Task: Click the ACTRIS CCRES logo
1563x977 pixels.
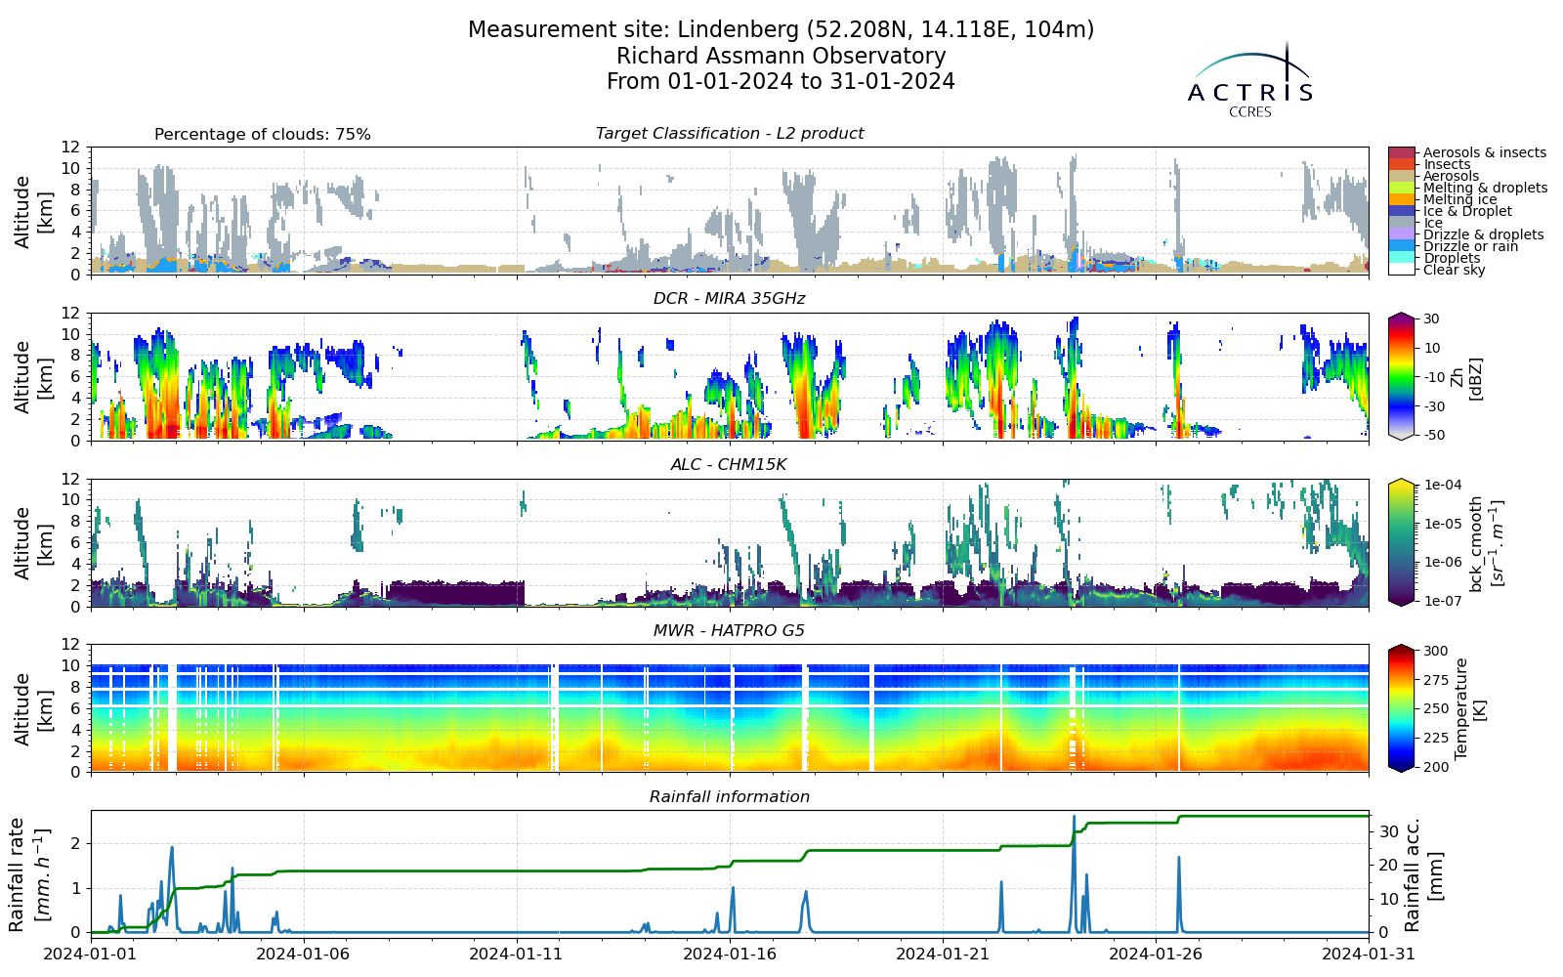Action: pyautogui.click(x=1249, y=81)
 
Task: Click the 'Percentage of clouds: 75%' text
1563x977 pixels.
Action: pyautogui.click(x=263, y=135)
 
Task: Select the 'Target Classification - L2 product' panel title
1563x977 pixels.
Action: pyautogui.click(x=729, y=133)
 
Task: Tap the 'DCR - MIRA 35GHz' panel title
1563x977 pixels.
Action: pyautogui.click(x=729, y=299)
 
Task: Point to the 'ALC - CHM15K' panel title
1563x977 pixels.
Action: pyautogui.click(x=729, y=465)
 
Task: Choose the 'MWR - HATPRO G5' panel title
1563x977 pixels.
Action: pyautogui.click(x=729, y=631)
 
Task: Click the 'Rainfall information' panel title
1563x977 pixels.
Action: pyautogui.click(x=729, y=797)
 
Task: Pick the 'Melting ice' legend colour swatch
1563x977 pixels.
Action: pyautogui.click(x=1402, y=199)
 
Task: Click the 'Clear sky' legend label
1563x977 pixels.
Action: pyautogui.click(x=1455, y=270)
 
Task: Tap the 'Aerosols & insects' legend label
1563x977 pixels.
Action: pyautogui.click(x=1485, y=152)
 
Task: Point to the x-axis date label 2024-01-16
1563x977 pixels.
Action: pyautogui.click(x=730, y=954)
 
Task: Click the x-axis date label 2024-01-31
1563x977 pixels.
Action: pyautogui.click(x=1369, y=954)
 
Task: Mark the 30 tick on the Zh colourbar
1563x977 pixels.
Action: pyautogui.click(x=1431, y=319)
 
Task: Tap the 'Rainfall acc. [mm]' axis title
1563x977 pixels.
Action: pyautogui.click(x=1421, y=875)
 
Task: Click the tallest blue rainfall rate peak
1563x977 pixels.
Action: pyautogui.click(x=1074, y=816)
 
